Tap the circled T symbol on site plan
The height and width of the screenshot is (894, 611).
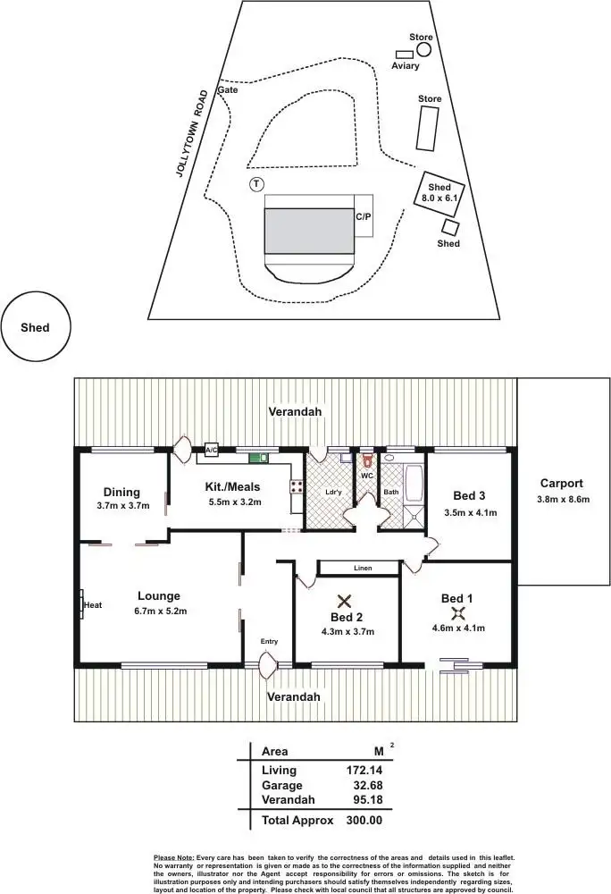[256, 184]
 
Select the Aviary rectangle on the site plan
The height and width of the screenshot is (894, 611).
[405, 55]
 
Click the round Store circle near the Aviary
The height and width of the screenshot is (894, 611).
[423, 49]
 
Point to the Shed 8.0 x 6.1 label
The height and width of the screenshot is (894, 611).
[438, 191]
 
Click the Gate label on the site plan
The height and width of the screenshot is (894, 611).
[228, 90]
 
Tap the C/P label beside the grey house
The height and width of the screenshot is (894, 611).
[364, 217]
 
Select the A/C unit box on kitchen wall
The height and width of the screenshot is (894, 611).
[212, 451]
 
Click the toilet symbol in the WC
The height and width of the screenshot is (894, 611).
[366, 462]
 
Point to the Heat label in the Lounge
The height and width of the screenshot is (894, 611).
[93, 605]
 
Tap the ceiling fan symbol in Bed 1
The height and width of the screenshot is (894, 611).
[458, 612]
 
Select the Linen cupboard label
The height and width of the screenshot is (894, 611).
[362, 568]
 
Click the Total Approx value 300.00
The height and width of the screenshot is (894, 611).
[364, 820]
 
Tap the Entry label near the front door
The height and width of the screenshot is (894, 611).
[268, 641]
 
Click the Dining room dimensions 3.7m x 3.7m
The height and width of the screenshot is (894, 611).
[121, 506]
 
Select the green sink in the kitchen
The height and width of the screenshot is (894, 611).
[257, 459]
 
